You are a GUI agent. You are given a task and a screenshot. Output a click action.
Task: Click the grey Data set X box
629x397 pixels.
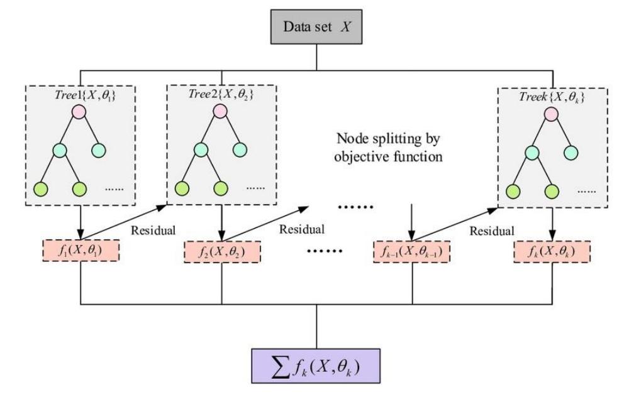(316, 28)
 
